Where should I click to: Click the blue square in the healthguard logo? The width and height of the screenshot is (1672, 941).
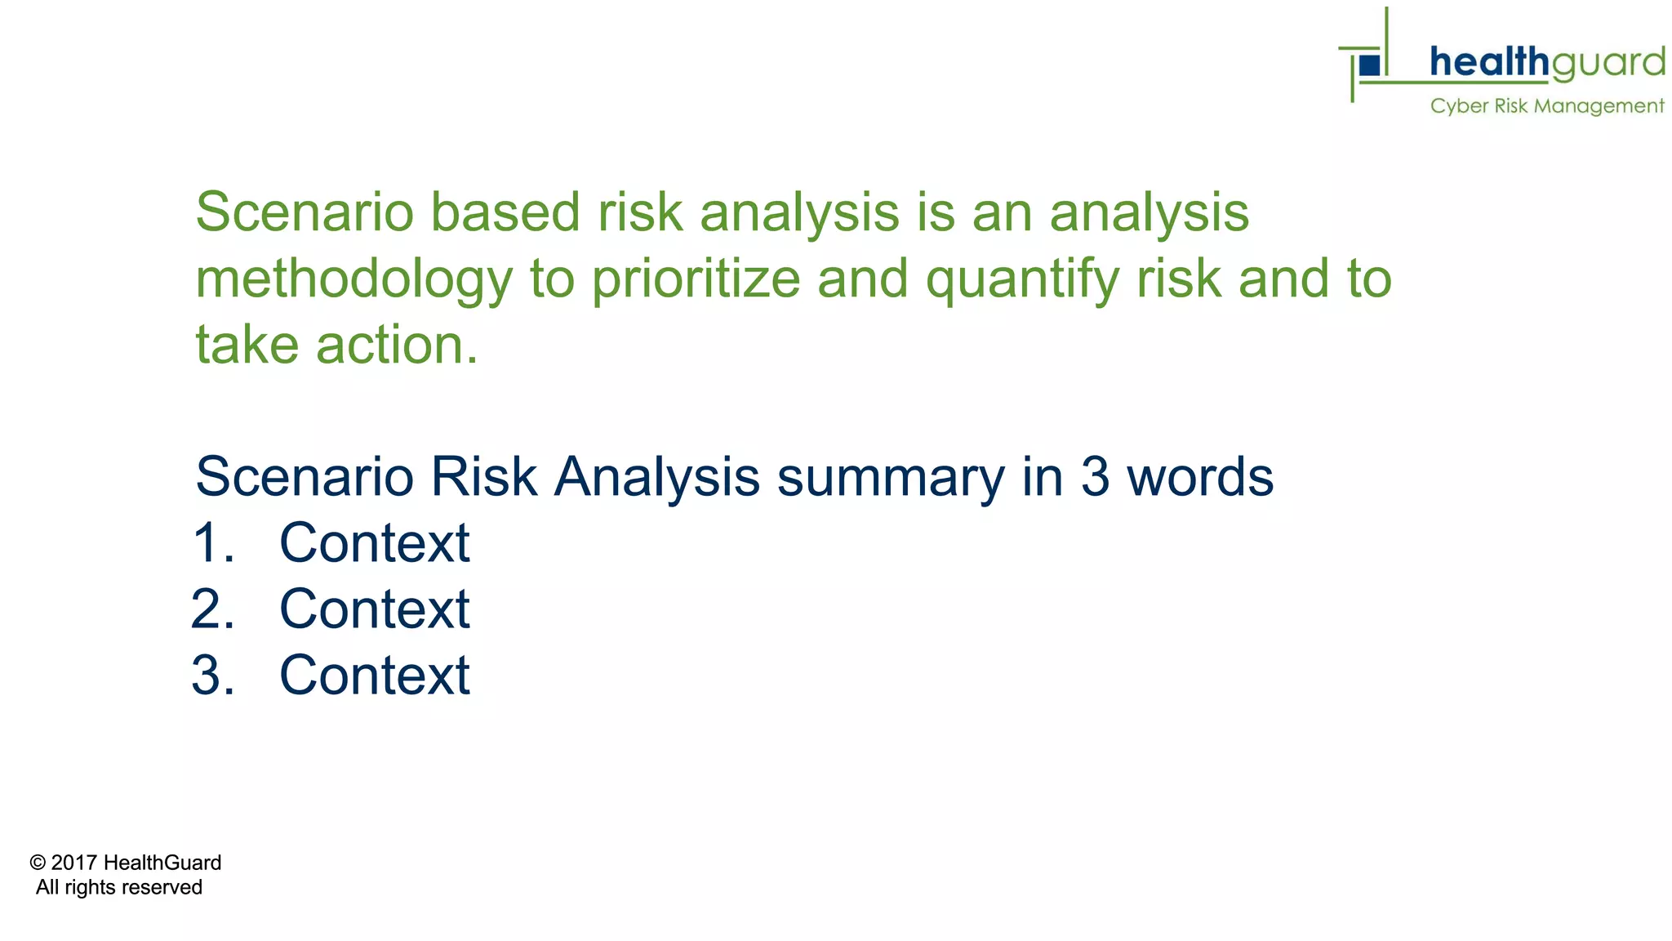point(1370,65)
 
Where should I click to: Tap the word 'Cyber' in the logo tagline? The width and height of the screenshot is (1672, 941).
point(1459,107)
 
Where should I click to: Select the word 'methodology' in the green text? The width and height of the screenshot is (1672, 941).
point(354,280)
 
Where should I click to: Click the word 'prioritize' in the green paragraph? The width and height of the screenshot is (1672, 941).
point(696,280)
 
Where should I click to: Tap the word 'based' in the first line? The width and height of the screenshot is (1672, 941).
point(505,213)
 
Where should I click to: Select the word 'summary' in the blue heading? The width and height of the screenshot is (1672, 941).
point(891,478)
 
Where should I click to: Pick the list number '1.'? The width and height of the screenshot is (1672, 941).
point(214,544)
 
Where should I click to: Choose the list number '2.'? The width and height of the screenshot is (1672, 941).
point(213,610)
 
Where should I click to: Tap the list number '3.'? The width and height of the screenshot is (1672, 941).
point(213,676)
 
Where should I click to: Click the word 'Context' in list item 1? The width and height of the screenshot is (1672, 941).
point(375,544)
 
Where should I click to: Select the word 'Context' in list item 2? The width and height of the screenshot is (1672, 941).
point(375,610)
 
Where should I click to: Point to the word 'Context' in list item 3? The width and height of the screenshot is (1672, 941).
point(375,676)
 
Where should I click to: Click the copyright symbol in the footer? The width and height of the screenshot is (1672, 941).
point(38,863)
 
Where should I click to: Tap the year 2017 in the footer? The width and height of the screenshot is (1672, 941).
point(74,863)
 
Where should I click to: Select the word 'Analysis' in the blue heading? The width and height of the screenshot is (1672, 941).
point(656,478)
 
